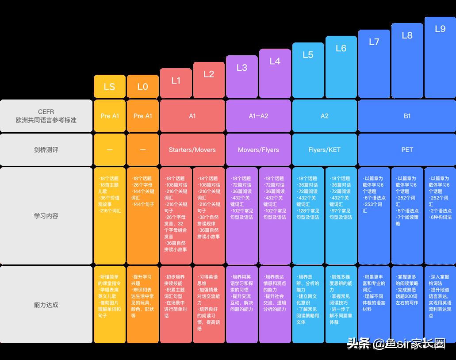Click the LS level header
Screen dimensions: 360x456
[x=109, y=87]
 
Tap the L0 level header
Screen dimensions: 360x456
[x=142, y=87]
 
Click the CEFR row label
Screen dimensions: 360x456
[x=46, y=116]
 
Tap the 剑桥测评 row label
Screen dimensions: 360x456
[x=46, y=150]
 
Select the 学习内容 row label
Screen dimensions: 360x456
[x=46, y=216]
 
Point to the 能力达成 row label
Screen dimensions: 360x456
[x=46, y=305]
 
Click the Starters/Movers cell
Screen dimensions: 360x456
[x=192, y=150]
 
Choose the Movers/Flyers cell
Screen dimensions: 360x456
[x=258, y=150]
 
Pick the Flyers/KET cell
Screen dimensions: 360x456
[x=325, y=150]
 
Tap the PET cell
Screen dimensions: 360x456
[x=407, y=150]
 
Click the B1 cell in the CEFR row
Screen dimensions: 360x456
[x=407, y=116]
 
